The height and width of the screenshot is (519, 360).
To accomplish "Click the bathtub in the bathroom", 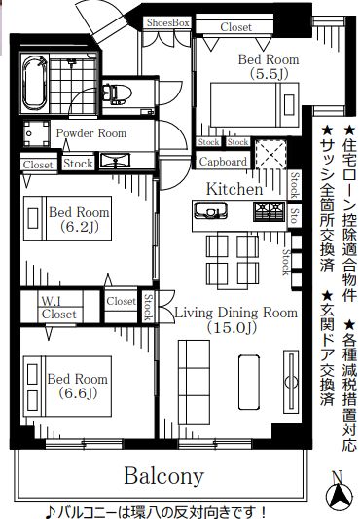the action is tap(34, 83).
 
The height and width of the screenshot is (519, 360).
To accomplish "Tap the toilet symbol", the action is tap(117, 93).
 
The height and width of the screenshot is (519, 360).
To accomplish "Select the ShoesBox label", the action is tap(167, 22).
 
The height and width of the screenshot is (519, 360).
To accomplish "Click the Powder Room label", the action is tap(91, 133).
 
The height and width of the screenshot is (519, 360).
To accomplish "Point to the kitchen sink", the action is tap(211, 211).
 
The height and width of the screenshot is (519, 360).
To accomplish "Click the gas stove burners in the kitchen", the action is tap(269, 211).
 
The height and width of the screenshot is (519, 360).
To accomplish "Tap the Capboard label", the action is tap(223, 162).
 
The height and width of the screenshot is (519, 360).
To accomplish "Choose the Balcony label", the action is tap(163, 475).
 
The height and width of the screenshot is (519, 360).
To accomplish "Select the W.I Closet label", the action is tap(58, 308).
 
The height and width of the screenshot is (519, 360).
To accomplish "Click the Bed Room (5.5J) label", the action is tap(269, 66).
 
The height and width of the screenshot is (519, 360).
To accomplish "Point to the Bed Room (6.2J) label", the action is tap(79, 219).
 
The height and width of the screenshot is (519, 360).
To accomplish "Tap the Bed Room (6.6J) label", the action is tap(78, 386).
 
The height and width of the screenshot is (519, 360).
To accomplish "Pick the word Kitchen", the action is tap(234, 189).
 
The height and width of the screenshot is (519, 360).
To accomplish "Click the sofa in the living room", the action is tap(194, 382).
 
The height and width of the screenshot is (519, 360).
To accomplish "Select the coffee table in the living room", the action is tap(249, 383).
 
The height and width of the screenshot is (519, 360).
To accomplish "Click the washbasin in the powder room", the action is tap(115, 161).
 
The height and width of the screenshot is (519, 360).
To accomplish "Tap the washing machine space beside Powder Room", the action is tap(36, 133).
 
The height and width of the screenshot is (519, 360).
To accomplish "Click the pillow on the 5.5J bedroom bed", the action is tap(289, 105).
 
